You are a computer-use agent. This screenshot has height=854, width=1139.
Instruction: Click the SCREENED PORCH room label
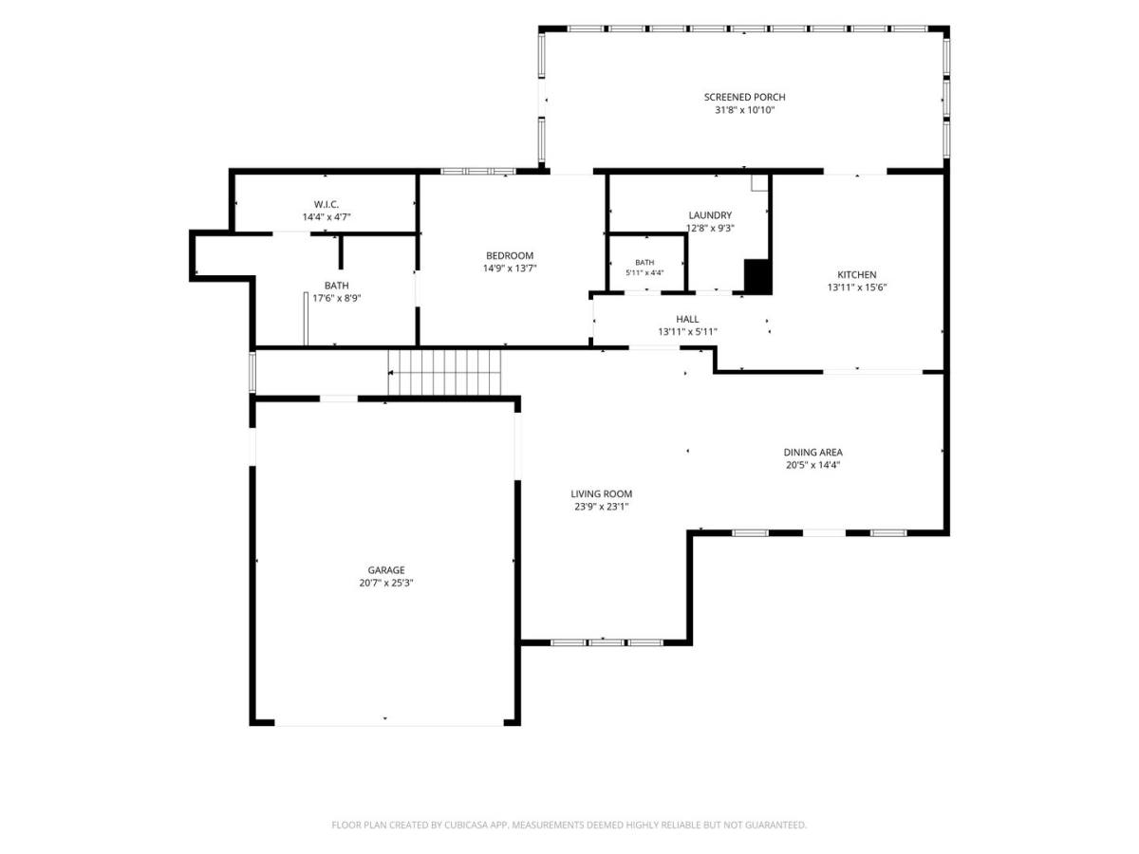tap(744, 97)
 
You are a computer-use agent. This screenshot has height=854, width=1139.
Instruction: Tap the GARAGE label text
tap(385, 570)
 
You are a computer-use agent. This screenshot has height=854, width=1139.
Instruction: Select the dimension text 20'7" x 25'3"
tap(385, 583)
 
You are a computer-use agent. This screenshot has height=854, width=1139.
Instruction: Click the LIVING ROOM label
tap(601, 494)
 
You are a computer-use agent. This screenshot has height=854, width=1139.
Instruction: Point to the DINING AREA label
tap(812, 453)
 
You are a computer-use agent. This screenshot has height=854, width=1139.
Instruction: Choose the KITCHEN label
tap(857, 275)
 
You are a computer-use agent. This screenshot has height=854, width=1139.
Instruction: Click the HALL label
tap(687, 319)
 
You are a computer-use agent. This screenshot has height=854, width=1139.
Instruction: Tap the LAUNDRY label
tap(710, 215)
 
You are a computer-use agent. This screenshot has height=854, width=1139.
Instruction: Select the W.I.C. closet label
tap(326, 204)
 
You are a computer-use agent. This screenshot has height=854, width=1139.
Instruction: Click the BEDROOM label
tap(509, 255)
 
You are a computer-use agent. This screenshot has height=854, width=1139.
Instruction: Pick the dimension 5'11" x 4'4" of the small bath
tap(644, 272)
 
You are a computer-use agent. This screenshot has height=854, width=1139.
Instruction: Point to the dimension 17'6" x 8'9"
tap(336, 298)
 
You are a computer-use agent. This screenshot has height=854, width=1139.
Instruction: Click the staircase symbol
tap(444, 372)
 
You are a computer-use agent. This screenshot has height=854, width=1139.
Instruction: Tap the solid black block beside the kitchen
tap(757, 276)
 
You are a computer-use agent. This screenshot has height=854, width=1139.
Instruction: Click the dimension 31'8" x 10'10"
tap(744, 110)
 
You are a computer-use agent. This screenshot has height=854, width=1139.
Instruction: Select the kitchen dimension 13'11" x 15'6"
tap(857, 288)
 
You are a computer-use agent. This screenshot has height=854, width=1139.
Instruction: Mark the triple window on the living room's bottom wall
tap(607, 642)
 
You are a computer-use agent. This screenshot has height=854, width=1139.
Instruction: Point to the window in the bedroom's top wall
tap(478, 171)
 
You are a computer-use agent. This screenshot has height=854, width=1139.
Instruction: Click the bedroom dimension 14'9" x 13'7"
tap(509, 269)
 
